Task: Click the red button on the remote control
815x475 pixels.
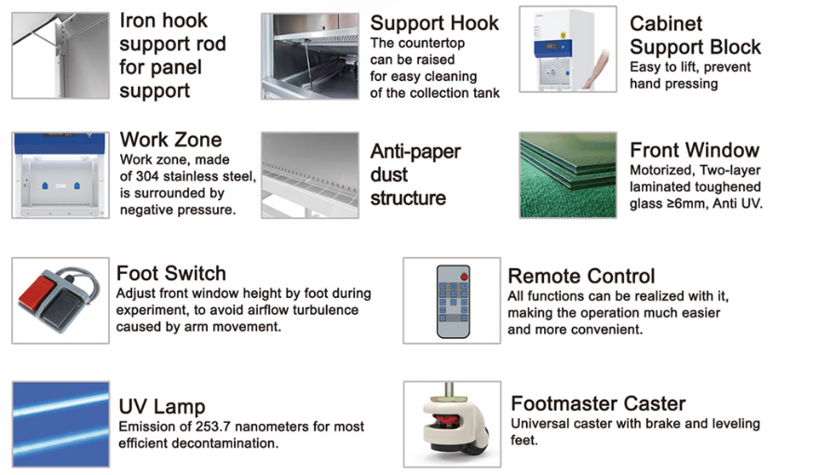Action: pos(464,277)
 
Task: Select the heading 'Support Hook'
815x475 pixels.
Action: pos(434,23)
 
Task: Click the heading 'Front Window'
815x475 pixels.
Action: pos(695,150)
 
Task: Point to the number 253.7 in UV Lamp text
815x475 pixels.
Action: pos(212,427)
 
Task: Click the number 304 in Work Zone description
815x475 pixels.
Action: pos(147,177)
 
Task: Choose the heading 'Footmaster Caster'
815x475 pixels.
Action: pos(598,404)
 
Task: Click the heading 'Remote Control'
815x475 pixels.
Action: pos(581,276)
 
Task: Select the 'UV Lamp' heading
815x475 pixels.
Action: pos(162,406)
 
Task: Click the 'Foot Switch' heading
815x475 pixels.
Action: pos(171,274)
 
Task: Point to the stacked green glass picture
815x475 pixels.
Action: pos(567,174)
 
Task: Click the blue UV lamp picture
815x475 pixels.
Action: pos(61,424)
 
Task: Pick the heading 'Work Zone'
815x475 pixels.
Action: pos(170,140)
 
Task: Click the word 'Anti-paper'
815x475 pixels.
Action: pos(415,151)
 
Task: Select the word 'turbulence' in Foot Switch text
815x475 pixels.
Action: pos(325,310)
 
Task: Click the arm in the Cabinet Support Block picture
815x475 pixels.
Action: pos(596,66)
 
